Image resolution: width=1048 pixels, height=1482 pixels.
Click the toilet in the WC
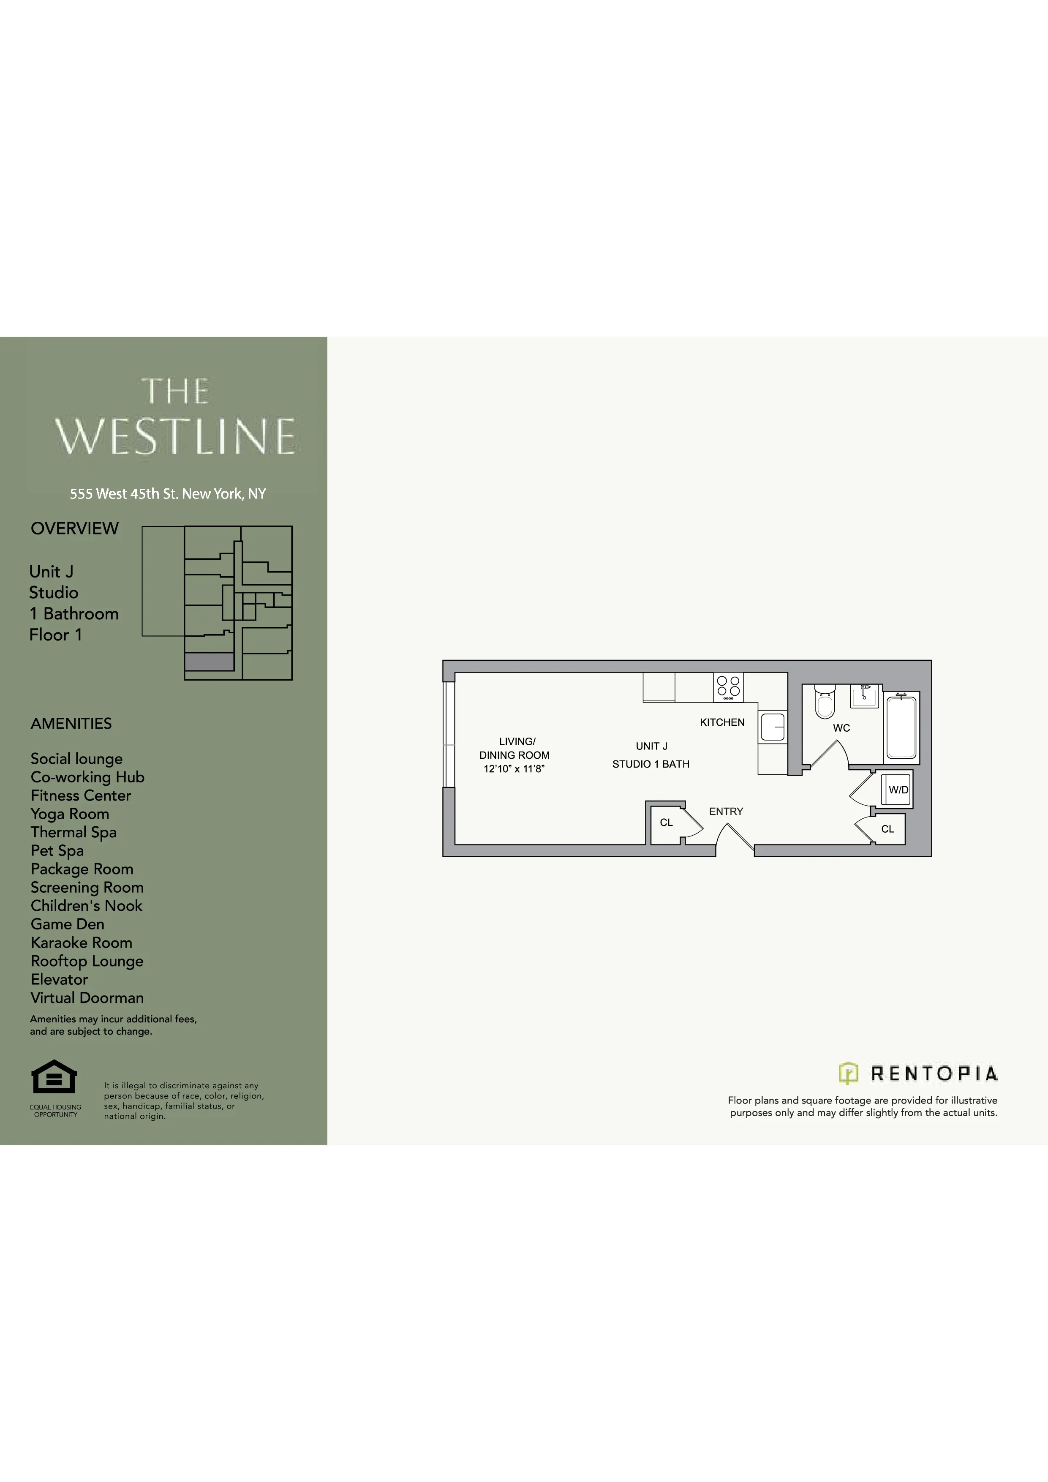825,702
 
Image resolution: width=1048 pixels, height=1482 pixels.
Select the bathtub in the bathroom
901,726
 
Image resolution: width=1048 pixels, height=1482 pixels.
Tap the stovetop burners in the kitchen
728,687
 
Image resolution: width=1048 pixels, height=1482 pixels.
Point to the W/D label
898,790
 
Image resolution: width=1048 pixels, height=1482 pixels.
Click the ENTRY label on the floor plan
726,812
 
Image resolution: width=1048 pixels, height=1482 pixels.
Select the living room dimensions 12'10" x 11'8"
514,769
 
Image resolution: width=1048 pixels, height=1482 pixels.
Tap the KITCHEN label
722,722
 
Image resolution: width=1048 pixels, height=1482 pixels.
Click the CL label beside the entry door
666,823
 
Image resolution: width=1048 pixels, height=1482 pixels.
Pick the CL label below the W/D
887,829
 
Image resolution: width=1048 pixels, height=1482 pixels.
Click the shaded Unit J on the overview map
209,662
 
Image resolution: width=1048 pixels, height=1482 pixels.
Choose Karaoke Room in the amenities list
81,943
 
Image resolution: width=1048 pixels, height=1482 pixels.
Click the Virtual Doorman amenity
87,997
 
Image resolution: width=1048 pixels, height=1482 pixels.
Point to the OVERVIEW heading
75,528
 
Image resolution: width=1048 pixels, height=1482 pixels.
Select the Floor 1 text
55,635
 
